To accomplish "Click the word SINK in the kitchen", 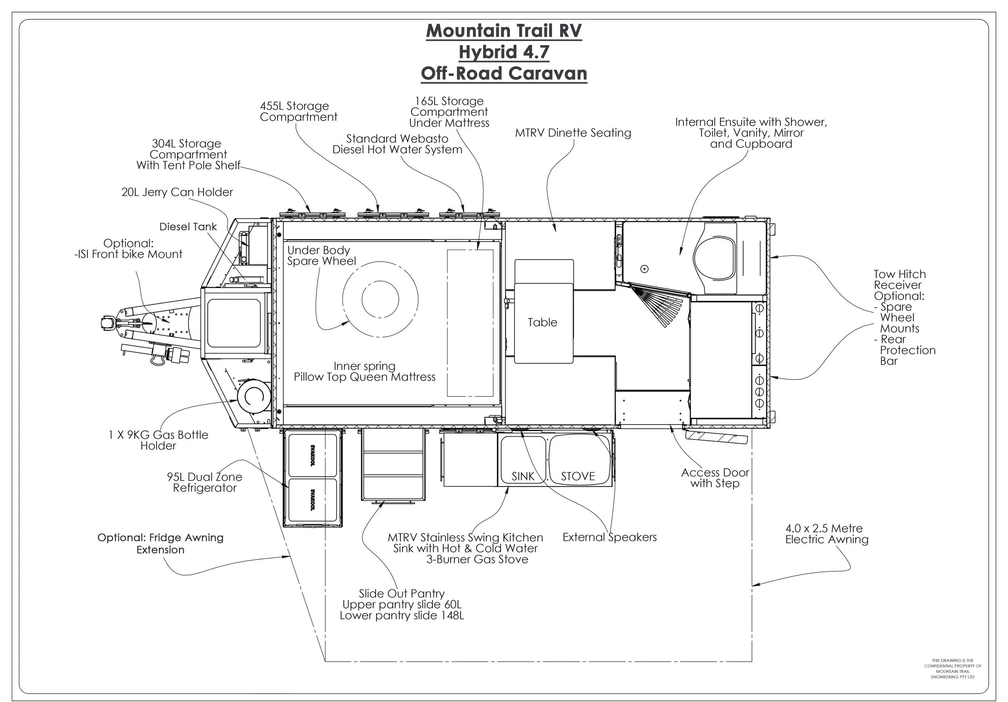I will (523, 476).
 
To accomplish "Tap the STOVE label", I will (578, 476).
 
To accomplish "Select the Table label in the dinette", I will (542, 322).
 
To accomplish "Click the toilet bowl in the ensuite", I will (714, 259).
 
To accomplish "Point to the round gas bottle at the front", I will (254, 396).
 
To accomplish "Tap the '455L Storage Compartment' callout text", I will (298, 112).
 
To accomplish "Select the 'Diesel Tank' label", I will (188, 227).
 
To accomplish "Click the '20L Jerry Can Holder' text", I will (177, 192).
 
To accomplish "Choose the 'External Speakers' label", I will (609, 537).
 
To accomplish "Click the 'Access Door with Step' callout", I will (715, 478).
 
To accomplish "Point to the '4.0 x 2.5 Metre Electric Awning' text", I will (826, 534).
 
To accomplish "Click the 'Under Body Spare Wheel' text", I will (321, 256).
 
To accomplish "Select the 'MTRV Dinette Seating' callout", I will (573, 133).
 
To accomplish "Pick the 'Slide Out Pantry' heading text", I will (402, 594).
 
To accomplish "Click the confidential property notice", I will (952, 669).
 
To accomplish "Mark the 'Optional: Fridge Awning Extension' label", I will (160, 544).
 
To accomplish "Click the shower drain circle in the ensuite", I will (644, 269).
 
